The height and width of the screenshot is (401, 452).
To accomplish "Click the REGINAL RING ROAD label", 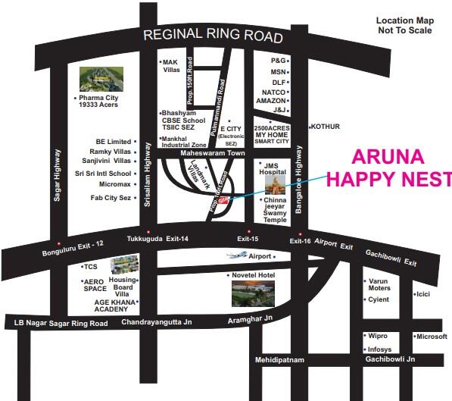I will coord(213,36).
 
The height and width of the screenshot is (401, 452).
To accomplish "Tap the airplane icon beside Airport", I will coord(236,256).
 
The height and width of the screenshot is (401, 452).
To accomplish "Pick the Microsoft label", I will coord(432,336).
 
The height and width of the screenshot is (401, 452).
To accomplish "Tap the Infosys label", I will coord(379,349).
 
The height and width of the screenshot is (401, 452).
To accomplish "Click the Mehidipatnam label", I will coord(279,360).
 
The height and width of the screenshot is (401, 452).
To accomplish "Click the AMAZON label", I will coord(270,101).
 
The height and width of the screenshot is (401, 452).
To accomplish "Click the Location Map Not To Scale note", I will coord(404,26).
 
